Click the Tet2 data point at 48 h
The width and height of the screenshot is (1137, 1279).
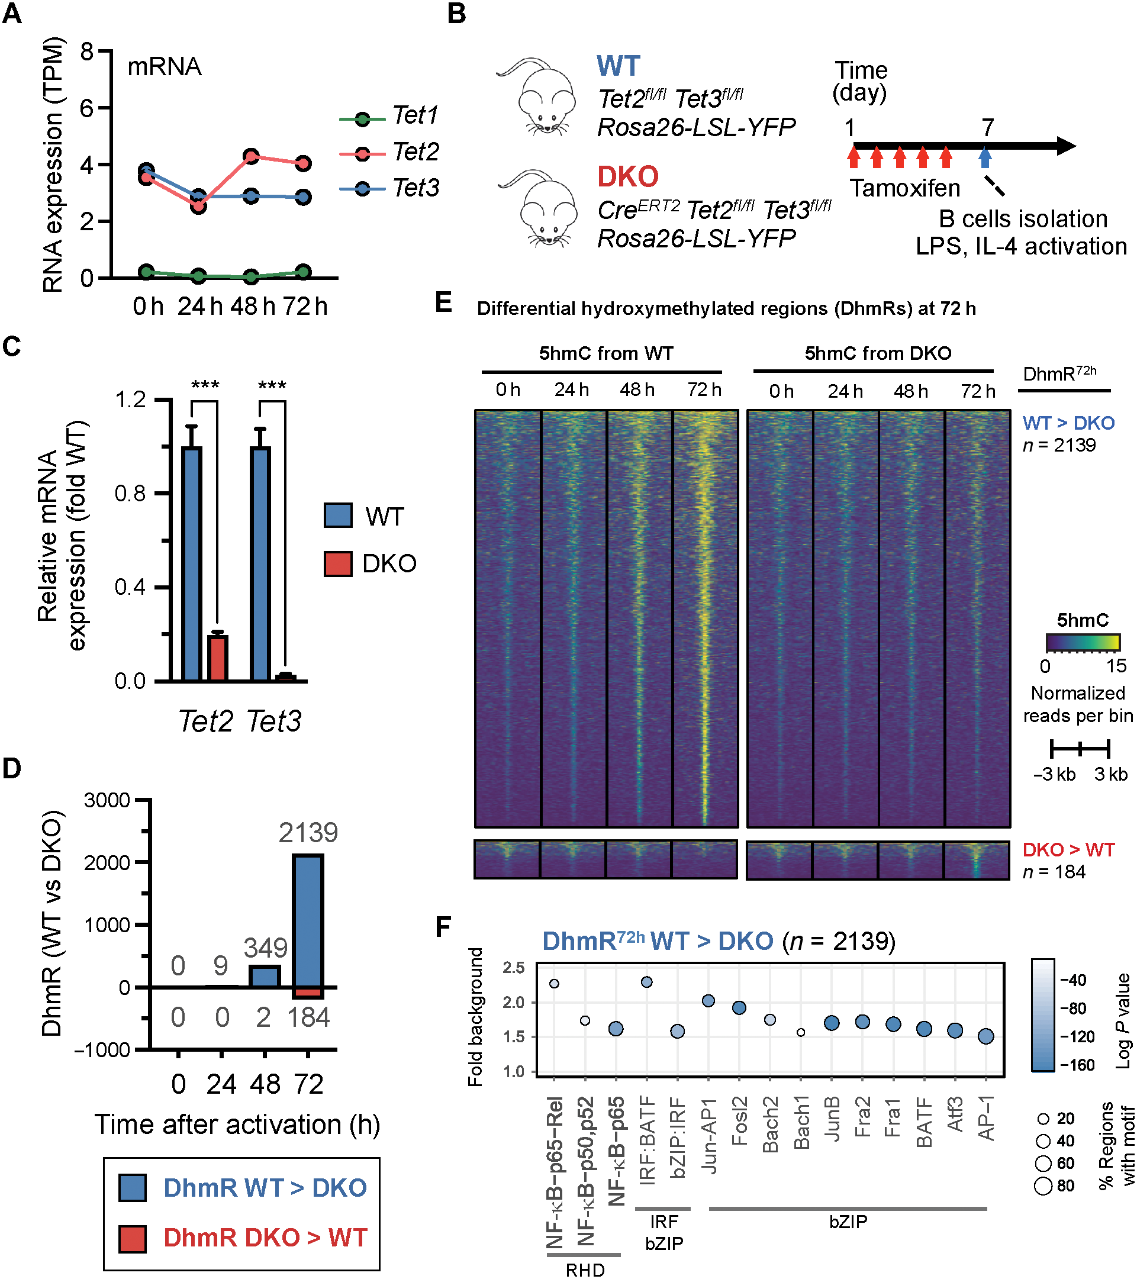[x=251, y=156]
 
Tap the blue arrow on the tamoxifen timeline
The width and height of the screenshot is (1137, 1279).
[x=985, y=156]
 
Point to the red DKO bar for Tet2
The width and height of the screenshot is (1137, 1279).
[x=218, y=658]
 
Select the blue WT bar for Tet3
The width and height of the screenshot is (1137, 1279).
[x=260, y=563]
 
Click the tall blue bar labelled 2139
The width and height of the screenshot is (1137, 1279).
[x=308, y=920]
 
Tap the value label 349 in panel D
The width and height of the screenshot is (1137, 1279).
[x=265, y=948]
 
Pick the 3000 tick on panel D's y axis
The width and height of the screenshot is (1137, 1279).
[x=107, y=800]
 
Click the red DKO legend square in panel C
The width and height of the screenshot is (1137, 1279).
[x=338, y=563]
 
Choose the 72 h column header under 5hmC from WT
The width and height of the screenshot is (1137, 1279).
[x=704, y=390]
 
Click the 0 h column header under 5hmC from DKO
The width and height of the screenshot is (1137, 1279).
[x=781, y=391]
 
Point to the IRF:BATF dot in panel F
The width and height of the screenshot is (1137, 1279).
[x=647, y=982]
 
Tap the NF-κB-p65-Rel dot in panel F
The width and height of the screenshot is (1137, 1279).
[x=554, y=984]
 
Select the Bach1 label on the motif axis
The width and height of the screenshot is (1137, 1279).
[x=801, y=1126]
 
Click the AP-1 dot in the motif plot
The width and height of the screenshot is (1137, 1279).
[x=985, y=1037]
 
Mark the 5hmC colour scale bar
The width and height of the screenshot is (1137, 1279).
[x=1083, y=643]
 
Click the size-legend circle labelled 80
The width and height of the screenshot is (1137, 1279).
[x=1043, y=1185]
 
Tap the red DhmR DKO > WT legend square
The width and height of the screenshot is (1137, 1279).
[x=133, y=1238]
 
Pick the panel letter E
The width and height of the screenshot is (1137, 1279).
[x=443, y=303]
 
